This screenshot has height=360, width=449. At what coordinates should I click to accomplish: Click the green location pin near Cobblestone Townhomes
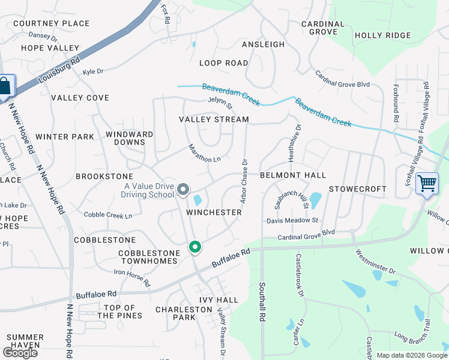194,247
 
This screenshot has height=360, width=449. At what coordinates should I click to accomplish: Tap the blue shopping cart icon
427,182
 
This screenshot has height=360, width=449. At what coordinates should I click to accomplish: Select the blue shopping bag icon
5,86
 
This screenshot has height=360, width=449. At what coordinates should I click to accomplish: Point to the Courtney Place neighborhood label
51,23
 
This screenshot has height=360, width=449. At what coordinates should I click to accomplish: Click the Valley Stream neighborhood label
214,119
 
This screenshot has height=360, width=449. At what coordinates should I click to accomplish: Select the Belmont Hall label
293,175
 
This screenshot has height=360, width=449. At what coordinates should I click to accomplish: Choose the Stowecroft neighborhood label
358,188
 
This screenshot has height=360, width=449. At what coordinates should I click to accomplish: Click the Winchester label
214,212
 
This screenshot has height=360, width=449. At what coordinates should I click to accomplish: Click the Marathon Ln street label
205,154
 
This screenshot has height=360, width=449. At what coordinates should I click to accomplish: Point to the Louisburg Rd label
59,70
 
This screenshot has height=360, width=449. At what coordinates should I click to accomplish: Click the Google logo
20,352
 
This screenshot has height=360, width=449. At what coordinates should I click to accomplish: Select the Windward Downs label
125,138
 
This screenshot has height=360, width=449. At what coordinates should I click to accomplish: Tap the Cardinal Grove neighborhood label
323,28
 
